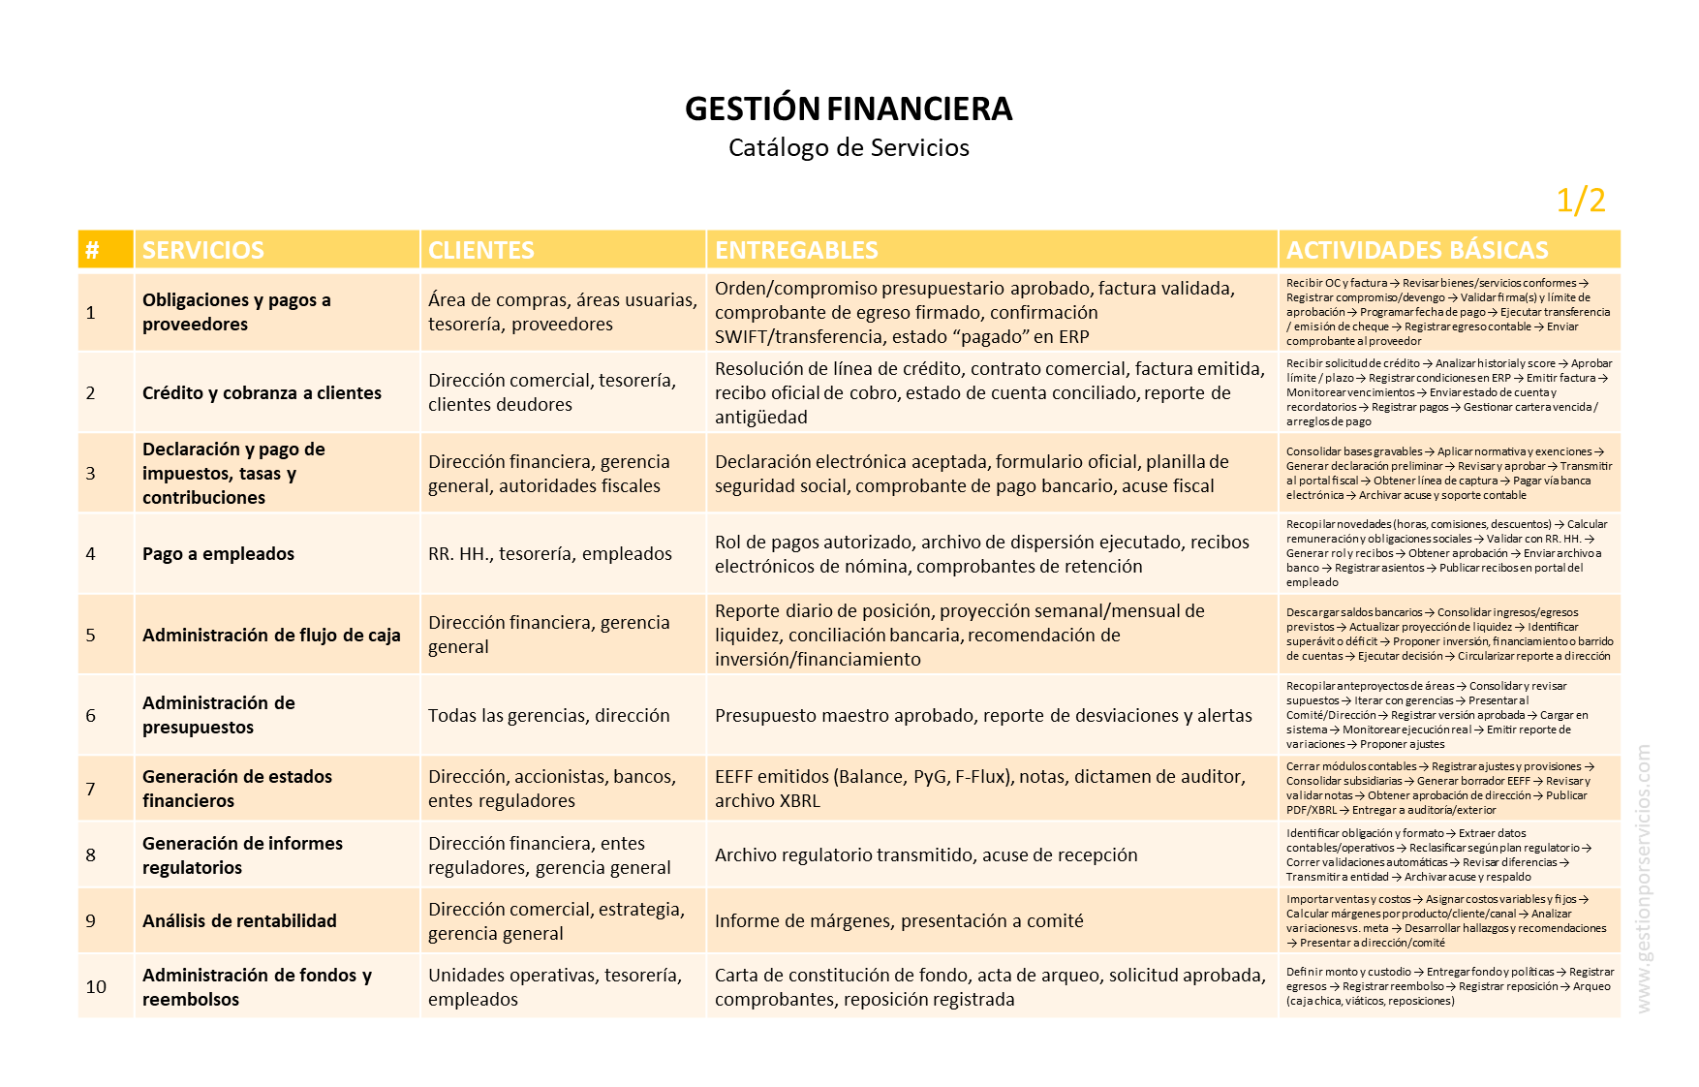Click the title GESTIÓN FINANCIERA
tap(849, 109)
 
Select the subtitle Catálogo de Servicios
tap(849, 148)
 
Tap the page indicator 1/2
tap(1580, 201)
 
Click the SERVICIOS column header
tap(203, 250)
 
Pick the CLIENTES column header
tap(481, 250)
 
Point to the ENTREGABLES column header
tap(796, 250)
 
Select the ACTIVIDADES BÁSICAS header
tap(1417, 250)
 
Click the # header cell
tap(92, 250)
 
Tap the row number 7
tap(91, 789)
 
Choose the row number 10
tap(96, 986)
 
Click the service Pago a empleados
tap(218, 554)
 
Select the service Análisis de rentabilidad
tap(239, 920)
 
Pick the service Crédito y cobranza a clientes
tap(262, 393)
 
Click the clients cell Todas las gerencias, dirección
tap(549, 716)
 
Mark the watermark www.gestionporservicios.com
tap(1643, 879)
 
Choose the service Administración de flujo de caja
tap(271, 636)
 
